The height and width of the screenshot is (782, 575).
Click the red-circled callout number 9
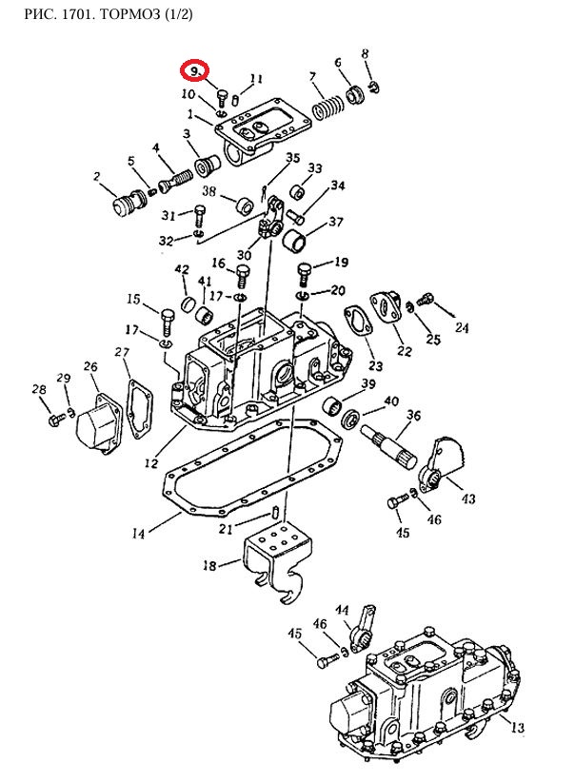(x=195, y=71)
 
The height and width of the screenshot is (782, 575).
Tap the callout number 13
(x=517, y=729)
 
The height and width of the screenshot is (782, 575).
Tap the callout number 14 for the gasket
(x=138, y=534)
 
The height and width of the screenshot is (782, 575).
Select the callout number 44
(x=342, y=610)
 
